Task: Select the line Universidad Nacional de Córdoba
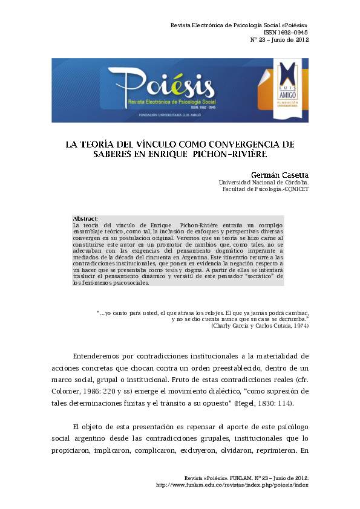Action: click(x=263, y=182)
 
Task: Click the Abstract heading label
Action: click(x=85, y=218)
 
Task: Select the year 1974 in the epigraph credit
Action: click(x=299, y=326)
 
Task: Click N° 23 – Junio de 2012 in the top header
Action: click(x=280, y=40)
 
